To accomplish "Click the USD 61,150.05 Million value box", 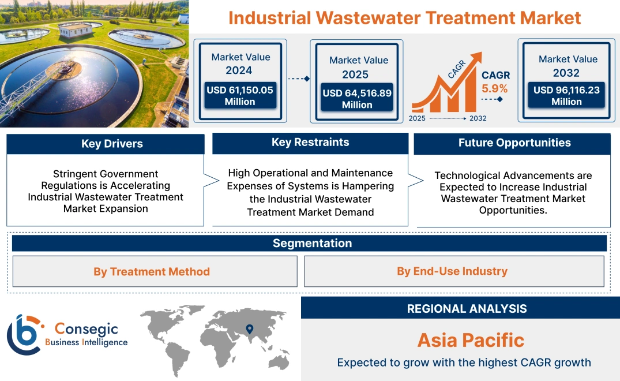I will tap(240, 96).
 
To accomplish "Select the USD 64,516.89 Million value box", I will tap(357, 99).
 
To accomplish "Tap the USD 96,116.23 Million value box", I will tap(566, 95).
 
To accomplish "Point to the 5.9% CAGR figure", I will tap(495, 88).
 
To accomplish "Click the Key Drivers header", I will tap(112, 144).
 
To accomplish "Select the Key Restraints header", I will tap(310, 143).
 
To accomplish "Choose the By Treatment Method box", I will tap(152, 271).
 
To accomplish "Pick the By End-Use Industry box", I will tap(452, 271).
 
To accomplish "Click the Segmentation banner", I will tap(312, 243).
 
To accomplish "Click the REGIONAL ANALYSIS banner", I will tap(467, 308).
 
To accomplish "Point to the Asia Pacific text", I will tap(471, 340).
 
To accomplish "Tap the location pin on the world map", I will tap(249, 329).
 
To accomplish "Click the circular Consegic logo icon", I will tap(24, 334).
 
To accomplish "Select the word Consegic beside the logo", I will tap(87, 329).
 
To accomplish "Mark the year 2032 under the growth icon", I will tap(478, 118).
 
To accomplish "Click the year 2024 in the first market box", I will tap(239, 70).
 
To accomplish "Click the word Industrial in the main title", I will tap(269, 17).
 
